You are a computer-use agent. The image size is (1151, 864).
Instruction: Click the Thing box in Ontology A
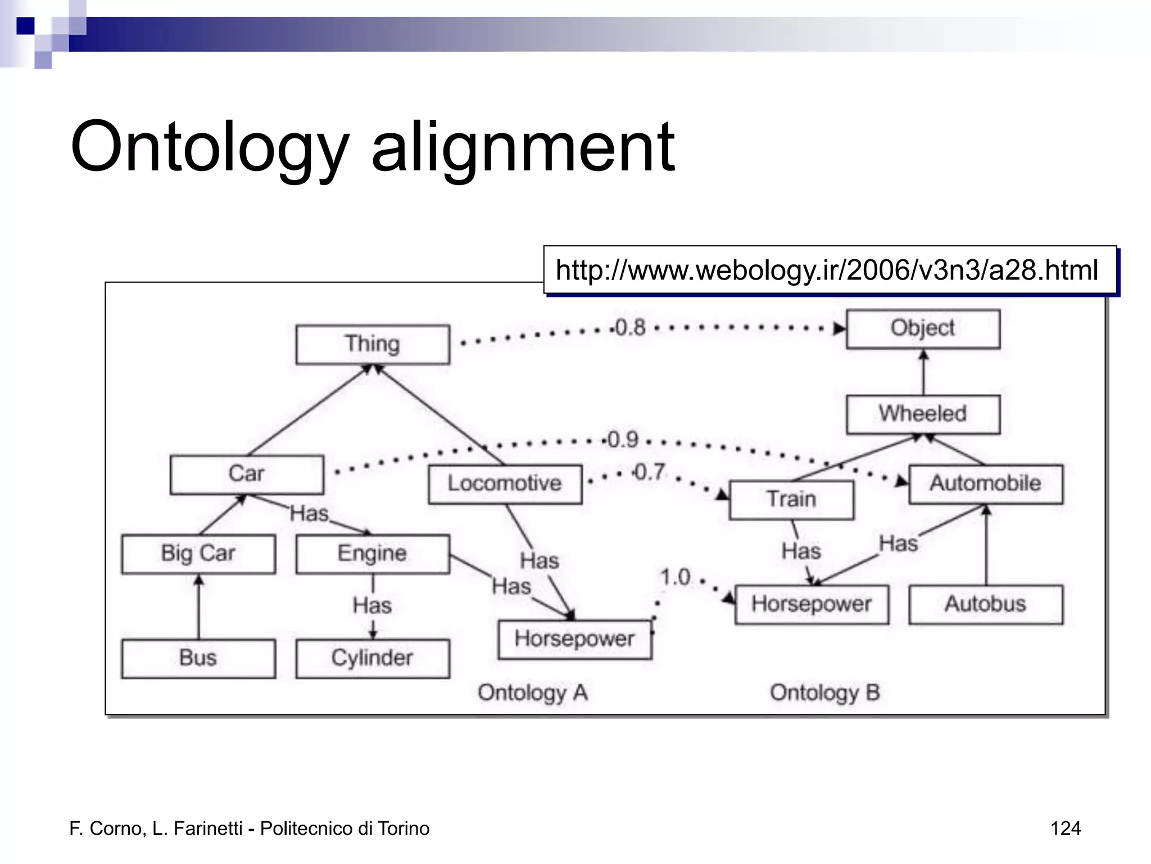(x=373, y=344)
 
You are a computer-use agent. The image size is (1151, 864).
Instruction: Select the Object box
(x=923, y=328)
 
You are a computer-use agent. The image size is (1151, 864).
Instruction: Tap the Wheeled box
(x=923, y=414)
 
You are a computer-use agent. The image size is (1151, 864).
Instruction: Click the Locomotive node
(x=505, y=484)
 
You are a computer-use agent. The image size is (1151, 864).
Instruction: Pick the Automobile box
(x=985, y=484)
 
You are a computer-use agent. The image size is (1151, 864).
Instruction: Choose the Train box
(x=791, y=499)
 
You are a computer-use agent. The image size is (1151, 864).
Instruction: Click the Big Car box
(x=198, y=553)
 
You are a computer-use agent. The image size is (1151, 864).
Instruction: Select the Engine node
(x=373, y=553)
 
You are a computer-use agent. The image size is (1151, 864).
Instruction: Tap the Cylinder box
(x=373, y=658)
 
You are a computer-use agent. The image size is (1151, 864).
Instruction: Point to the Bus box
(x=198, y=658)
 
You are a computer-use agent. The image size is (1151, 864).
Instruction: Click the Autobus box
(x=985, y=604)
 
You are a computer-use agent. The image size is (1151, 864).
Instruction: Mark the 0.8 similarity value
(x=631, y=327)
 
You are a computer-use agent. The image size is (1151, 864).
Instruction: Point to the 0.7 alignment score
(x=650, y=472)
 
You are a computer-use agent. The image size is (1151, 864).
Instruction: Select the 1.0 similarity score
(x=675, y=577)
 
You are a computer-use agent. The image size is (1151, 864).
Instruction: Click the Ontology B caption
(x=824, y=693)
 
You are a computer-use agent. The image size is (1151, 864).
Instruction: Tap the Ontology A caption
(x=532, y=693)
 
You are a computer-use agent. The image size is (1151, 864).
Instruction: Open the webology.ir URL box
(x=830, y=270)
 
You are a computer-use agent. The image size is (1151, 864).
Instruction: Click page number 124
(x=1065, y=829)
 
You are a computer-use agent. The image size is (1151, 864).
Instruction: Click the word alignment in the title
(x=523, y=147)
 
